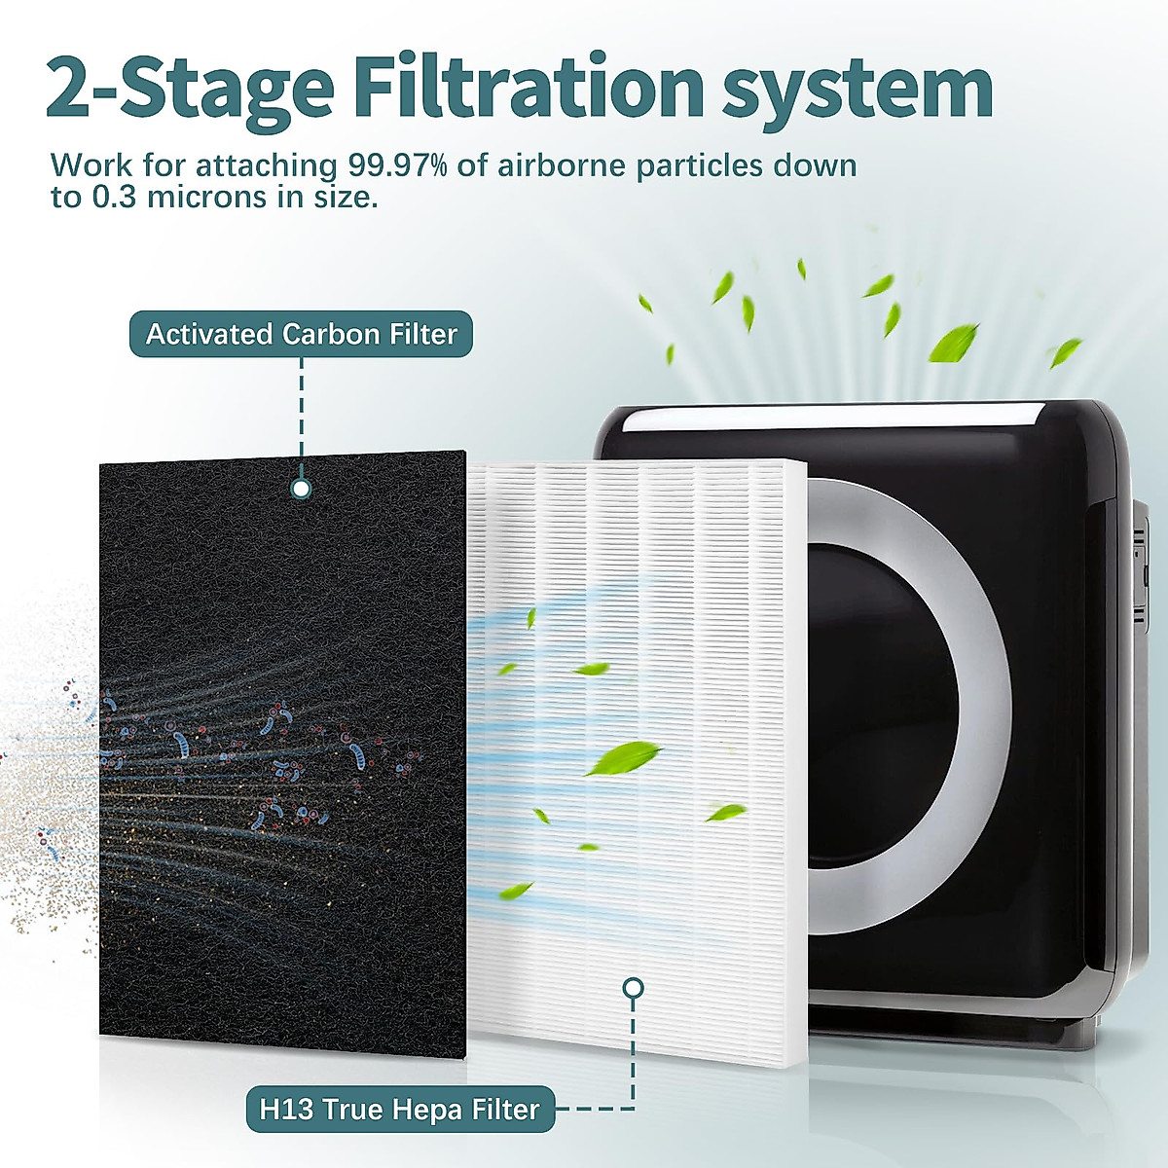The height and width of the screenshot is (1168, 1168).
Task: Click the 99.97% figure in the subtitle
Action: point(395,165)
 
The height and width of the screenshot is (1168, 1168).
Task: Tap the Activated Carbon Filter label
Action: point(301,334)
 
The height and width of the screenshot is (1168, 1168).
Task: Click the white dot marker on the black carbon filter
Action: point(302,488)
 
